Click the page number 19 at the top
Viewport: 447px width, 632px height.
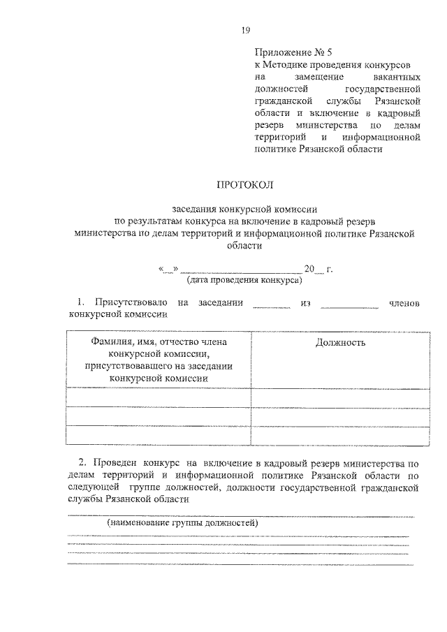coord(245,29)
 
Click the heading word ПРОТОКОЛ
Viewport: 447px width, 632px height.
coord(245,185)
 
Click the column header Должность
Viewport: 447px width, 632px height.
coord(340,342)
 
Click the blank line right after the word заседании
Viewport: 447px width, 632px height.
coord(271,303)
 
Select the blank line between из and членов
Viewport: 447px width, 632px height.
coord(349,303)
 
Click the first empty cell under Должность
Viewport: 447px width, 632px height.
coord(340,397)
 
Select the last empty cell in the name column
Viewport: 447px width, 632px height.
coord(159,435)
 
